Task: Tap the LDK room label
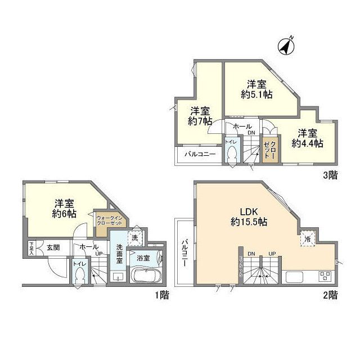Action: pos(248,211)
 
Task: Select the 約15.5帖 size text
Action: pos(248,222)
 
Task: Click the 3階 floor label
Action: pos(330,175)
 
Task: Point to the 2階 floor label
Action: pos(330,294)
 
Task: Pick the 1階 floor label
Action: pos(161,294)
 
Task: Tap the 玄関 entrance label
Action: pos(53,247)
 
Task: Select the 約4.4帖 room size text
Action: pos(307,143)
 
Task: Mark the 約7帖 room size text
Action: pos(200,120)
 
